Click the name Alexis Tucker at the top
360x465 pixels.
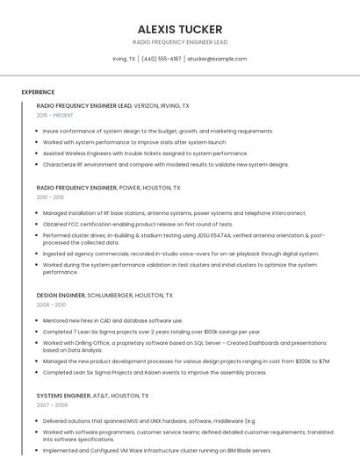179,29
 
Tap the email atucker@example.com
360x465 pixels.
217,59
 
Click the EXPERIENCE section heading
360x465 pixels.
38,92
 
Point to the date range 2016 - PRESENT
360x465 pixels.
55,115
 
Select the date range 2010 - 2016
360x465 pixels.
51,197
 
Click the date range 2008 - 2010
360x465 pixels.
51,304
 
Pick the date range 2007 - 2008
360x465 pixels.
51,405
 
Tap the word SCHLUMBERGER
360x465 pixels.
113,296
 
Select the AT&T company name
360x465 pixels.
104,396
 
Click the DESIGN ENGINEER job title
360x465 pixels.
61,296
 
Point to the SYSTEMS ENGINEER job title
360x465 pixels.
61,396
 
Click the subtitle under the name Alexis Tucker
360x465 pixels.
179,42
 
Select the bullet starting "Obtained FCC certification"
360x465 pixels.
138,224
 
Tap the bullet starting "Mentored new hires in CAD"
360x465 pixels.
112,320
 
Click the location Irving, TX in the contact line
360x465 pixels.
124,59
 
